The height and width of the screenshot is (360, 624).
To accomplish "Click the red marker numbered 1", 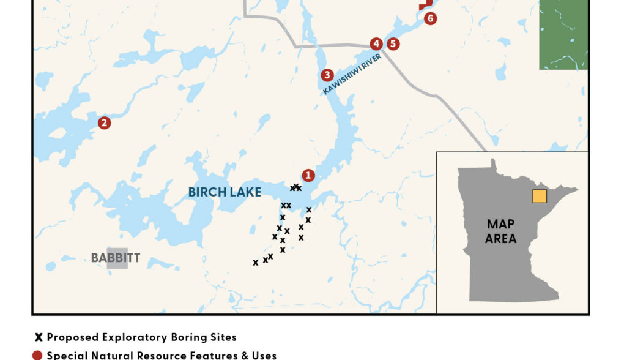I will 308,176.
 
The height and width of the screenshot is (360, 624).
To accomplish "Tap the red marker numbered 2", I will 105,123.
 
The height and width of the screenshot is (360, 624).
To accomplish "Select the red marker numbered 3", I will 327,75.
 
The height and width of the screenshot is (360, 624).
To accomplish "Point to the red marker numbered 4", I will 376,44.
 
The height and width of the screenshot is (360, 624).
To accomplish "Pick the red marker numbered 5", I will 393,44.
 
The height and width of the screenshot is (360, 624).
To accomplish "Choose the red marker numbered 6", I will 430,18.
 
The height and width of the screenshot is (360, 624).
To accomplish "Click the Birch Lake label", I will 225,192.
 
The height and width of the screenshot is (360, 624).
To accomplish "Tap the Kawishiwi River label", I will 352,74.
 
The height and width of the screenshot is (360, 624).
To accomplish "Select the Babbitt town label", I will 115,258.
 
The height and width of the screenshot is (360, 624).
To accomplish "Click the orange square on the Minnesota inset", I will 540,196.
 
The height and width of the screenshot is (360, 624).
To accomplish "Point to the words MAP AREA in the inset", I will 500,231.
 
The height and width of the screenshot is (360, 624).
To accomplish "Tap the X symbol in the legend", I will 39,337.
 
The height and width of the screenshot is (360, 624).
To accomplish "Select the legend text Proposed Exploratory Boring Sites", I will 141,337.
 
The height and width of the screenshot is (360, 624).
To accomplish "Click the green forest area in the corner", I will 563,34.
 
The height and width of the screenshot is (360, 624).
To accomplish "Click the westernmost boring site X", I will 256,263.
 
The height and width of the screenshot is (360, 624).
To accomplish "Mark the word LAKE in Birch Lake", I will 245,192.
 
